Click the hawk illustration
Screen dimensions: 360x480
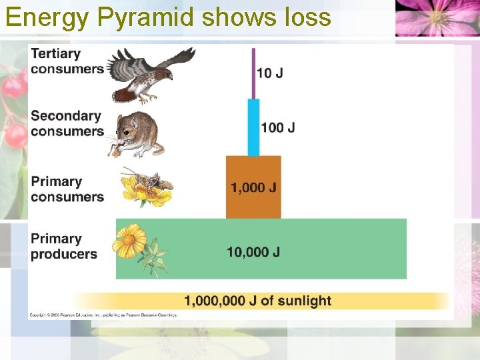[151, 74]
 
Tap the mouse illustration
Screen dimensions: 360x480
[137, 133]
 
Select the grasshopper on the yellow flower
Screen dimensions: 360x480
[147, 181]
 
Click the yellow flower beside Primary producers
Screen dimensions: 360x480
[130, 241]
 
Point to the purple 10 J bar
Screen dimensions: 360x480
[253, 73]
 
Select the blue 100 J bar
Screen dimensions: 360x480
[253, 127]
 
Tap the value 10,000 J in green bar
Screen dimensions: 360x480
[253, 252]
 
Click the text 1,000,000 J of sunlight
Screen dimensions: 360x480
[257, 301]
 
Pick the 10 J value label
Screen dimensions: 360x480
[269, 73]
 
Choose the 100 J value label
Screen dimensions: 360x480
[278, 127]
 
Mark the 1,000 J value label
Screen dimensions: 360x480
[253, 187]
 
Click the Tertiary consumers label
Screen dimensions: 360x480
[67, 61]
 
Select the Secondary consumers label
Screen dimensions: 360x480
[67, 123]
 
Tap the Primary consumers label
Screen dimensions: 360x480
[67, 189]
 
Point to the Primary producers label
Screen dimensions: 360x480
[64, 246]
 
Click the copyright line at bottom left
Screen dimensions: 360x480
[103, 314]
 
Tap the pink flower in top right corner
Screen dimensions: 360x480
[437, 17]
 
